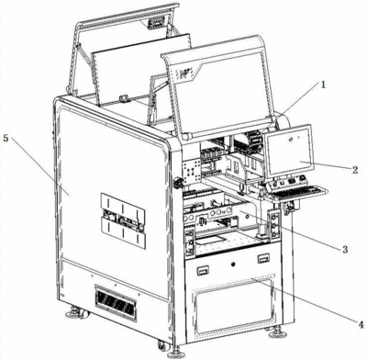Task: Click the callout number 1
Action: [x=323, y=84]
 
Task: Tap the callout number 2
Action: [x=355, y=169]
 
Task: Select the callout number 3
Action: [x=345, y=249]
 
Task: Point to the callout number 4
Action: [x=361, y=323]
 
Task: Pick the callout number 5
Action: [x=6, y=138]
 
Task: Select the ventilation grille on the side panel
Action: [x=116, y=302]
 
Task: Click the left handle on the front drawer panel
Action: [x=203, y=270]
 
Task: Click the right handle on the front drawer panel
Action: [x=263, y=259]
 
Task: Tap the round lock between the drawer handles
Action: [x=233, y=264]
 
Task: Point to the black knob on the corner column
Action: [x=178, y=183]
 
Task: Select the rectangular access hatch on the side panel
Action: [x=123, y=220]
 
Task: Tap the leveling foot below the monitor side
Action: [x=277, y=332]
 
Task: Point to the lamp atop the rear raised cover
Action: [x=156, y=22]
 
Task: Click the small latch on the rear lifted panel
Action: [x=124, y=98]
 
